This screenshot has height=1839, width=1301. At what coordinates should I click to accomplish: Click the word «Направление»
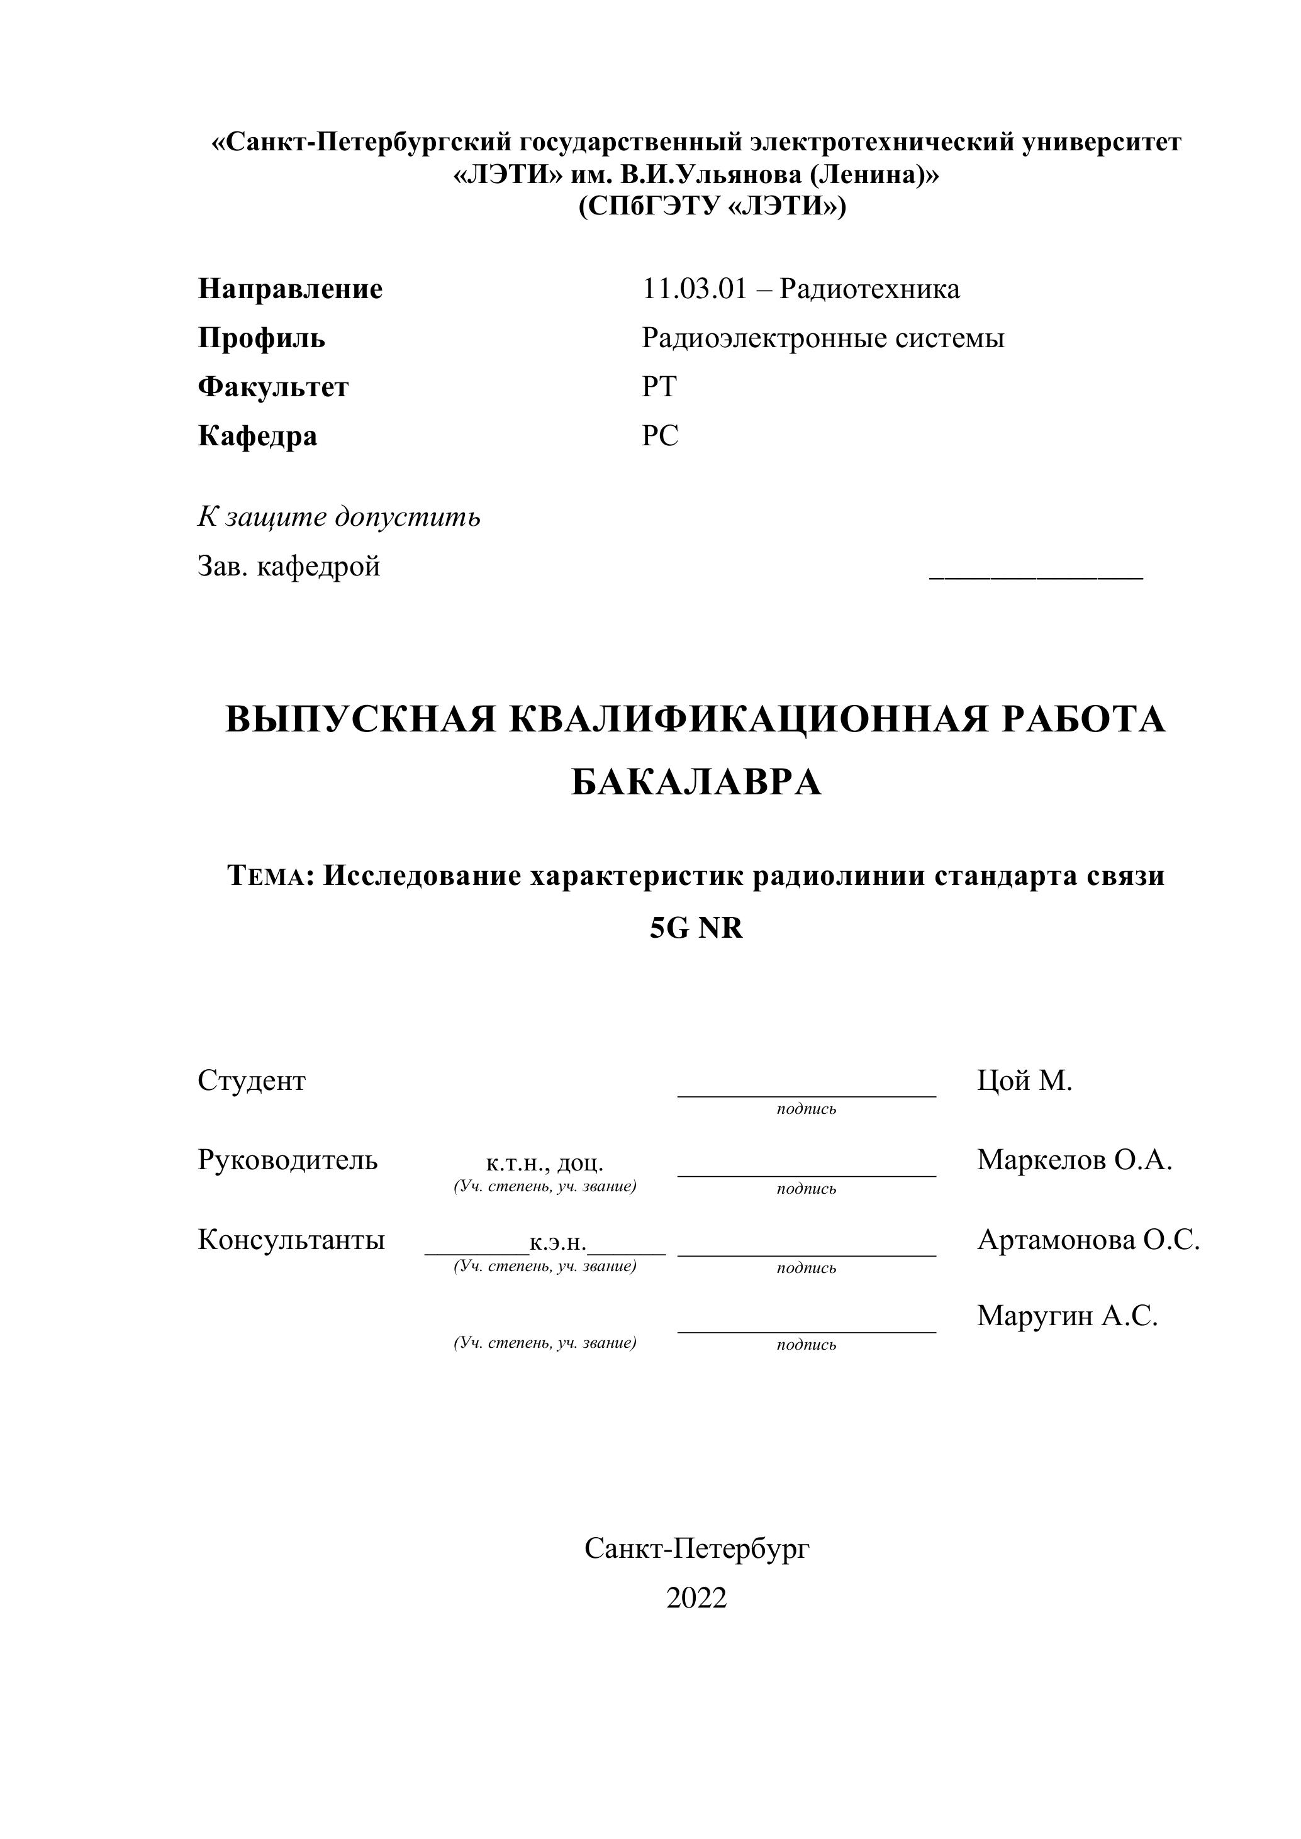(290, 289)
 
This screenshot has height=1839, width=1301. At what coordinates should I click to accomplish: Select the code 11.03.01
(694, 289)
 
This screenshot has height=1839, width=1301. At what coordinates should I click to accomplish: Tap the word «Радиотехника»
(869, 289)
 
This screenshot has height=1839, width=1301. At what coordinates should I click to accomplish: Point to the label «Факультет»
(273, 387)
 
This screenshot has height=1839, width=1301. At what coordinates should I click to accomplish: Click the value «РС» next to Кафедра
(659, 436)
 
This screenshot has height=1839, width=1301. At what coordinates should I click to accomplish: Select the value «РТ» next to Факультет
(659, 387)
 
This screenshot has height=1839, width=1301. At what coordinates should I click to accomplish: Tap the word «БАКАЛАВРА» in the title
(696, 782)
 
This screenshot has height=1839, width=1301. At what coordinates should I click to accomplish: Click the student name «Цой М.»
(1024, 1081)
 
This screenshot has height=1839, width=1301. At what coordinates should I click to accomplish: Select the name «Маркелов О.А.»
(1073, 1160)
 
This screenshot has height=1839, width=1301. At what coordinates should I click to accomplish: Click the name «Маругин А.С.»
(1067, 1315)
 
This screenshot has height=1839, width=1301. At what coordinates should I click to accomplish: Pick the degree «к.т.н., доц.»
(545, 1163)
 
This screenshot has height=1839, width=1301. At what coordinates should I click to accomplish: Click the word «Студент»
(252, 1081)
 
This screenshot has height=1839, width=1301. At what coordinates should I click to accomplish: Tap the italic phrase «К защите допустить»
(339, 518)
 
